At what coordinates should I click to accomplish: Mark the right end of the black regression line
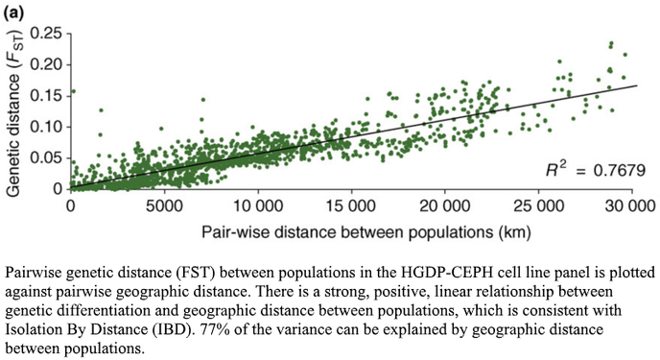pos(637,85)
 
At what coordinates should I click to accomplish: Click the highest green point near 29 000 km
pos(610,44)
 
